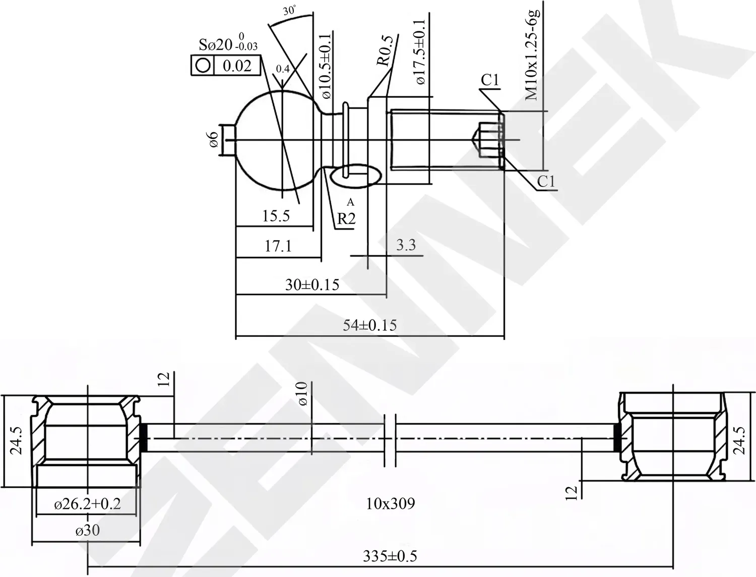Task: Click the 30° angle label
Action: pyautogui.click(x=290, y=11)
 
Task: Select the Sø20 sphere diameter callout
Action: pyautogui.click(x=228, y=44)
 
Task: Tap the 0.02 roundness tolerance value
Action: pyautogui.click(x=237, y=66)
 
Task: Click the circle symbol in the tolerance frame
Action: pyautogui.click(x=203, y=66)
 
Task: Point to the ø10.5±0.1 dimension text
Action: pyautogui.click(x=326, y=66)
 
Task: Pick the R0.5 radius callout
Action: pyautogui.click(x=385, y=50)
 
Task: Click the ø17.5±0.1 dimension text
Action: pyautogui.click(x=421, y=52)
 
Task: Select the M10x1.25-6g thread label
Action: pyautogui.click(x=531, y=55)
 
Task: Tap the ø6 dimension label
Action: pyautogui.click(x=214, y=140)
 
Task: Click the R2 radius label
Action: pyautogui.click(x=346, y=218)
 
